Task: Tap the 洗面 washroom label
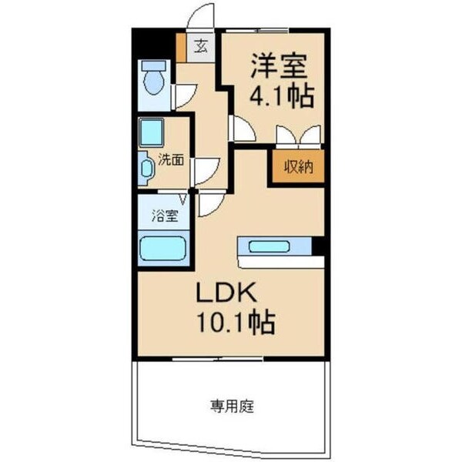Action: pos(171,160)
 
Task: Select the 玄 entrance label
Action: pos(200,46)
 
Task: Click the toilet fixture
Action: pos(155,79)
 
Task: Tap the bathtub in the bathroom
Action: pos(163,248)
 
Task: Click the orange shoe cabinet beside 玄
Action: pos(182,49)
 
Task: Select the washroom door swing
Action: pos(205,169)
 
